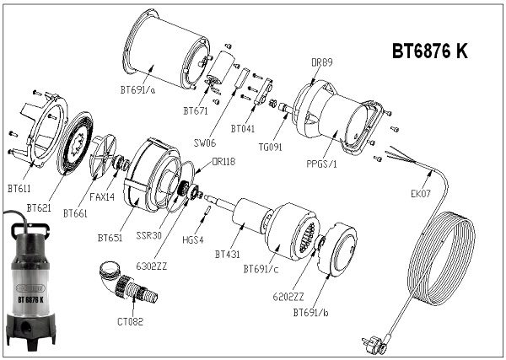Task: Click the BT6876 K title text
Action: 429,51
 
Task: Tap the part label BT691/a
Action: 137,89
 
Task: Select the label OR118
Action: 223,161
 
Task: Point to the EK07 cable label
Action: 421,194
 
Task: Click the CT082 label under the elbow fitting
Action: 130,321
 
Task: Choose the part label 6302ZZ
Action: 151,266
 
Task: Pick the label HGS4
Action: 193,239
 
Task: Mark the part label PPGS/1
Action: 321,164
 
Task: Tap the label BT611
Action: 19,189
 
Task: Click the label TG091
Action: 270,147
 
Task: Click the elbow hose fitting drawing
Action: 128,283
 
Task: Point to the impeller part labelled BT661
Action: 103,155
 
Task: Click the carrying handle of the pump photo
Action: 30,228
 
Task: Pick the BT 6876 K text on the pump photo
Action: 30,299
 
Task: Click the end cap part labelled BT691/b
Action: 337,248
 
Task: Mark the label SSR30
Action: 148,235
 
